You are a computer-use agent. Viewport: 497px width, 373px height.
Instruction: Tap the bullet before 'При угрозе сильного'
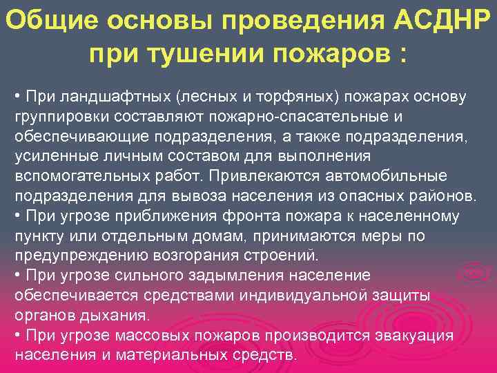click(x=17, y=276)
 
